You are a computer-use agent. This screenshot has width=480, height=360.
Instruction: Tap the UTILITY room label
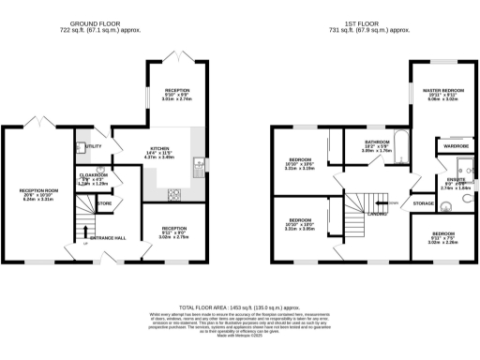[x=94, y=147]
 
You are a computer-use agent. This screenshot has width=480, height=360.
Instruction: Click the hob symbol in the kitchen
[x=174, y=195]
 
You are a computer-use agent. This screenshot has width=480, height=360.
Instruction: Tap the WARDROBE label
[x=449, y=146]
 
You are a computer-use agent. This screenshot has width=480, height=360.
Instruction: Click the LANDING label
[x=378, y=213]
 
